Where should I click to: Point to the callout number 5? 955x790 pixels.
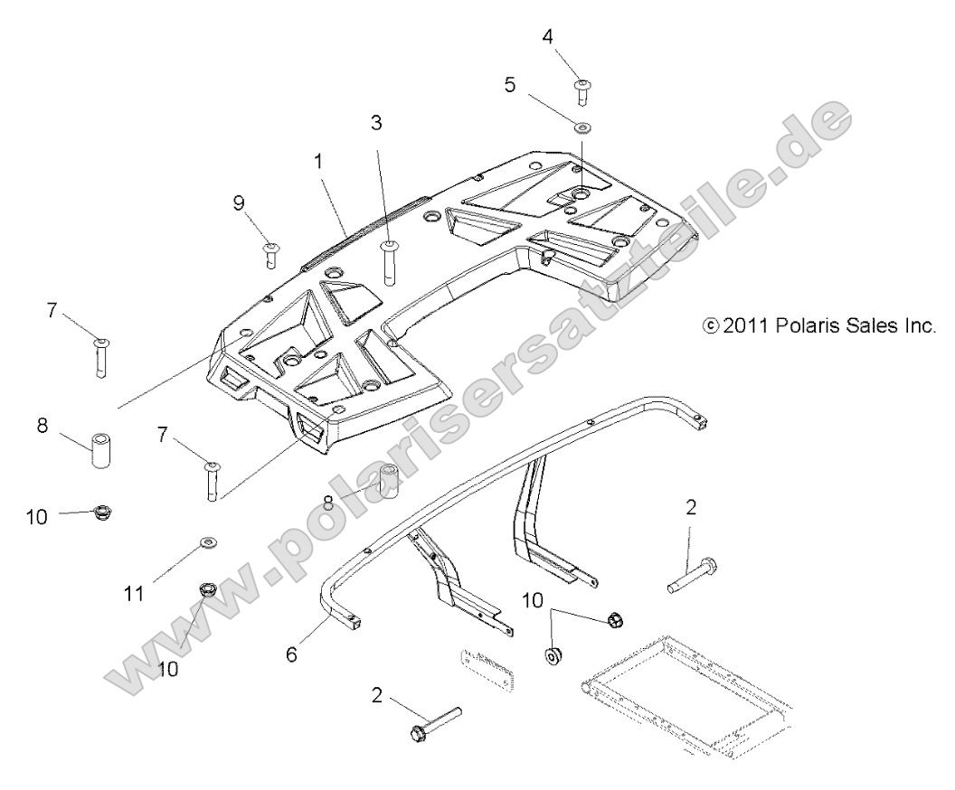510,86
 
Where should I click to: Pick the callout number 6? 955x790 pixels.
291,654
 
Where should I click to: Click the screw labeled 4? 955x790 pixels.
582,89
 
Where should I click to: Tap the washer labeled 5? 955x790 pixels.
582,126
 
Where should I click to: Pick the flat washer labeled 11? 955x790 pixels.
208,543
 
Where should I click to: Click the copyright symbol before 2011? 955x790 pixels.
711,325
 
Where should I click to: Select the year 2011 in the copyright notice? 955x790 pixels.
745,325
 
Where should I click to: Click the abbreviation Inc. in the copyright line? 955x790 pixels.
916,325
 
